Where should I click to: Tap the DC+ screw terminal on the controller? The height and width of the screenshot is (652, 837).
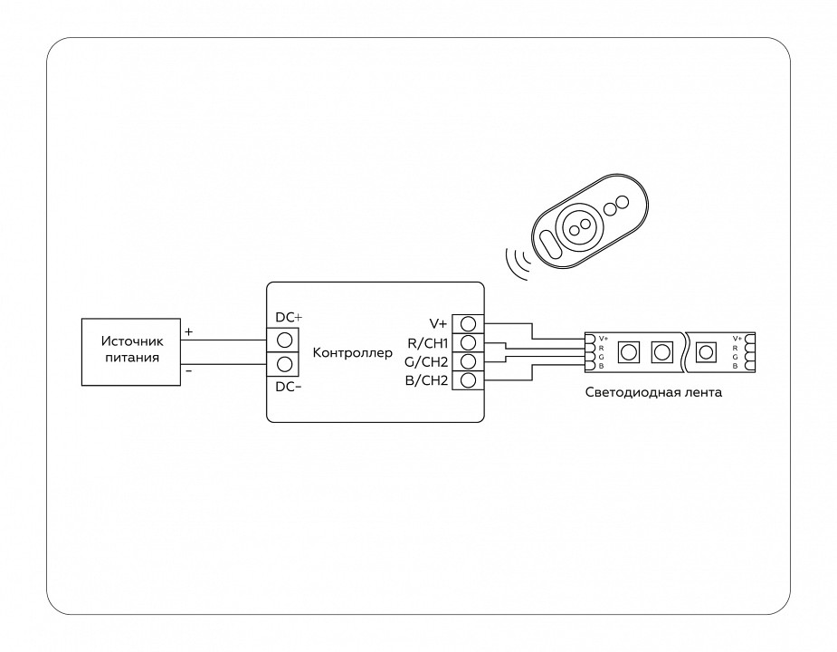284,340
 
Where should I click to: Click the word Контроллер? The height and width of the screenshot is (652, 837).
353,351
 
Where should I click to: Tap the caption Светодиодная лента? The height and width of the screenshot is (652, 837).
654,393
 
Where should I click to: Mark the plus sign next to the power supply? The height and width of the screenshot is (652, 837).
188,332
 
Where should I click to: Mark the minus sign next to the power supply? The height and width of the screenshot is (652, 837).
188,370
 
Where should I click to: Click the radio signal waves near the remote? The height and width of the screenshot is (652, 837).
518,262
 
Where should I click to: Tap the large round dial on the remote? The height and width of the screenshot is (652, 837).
579,222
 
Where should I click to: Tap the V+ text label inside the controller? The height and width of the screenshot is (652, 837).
438,323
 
